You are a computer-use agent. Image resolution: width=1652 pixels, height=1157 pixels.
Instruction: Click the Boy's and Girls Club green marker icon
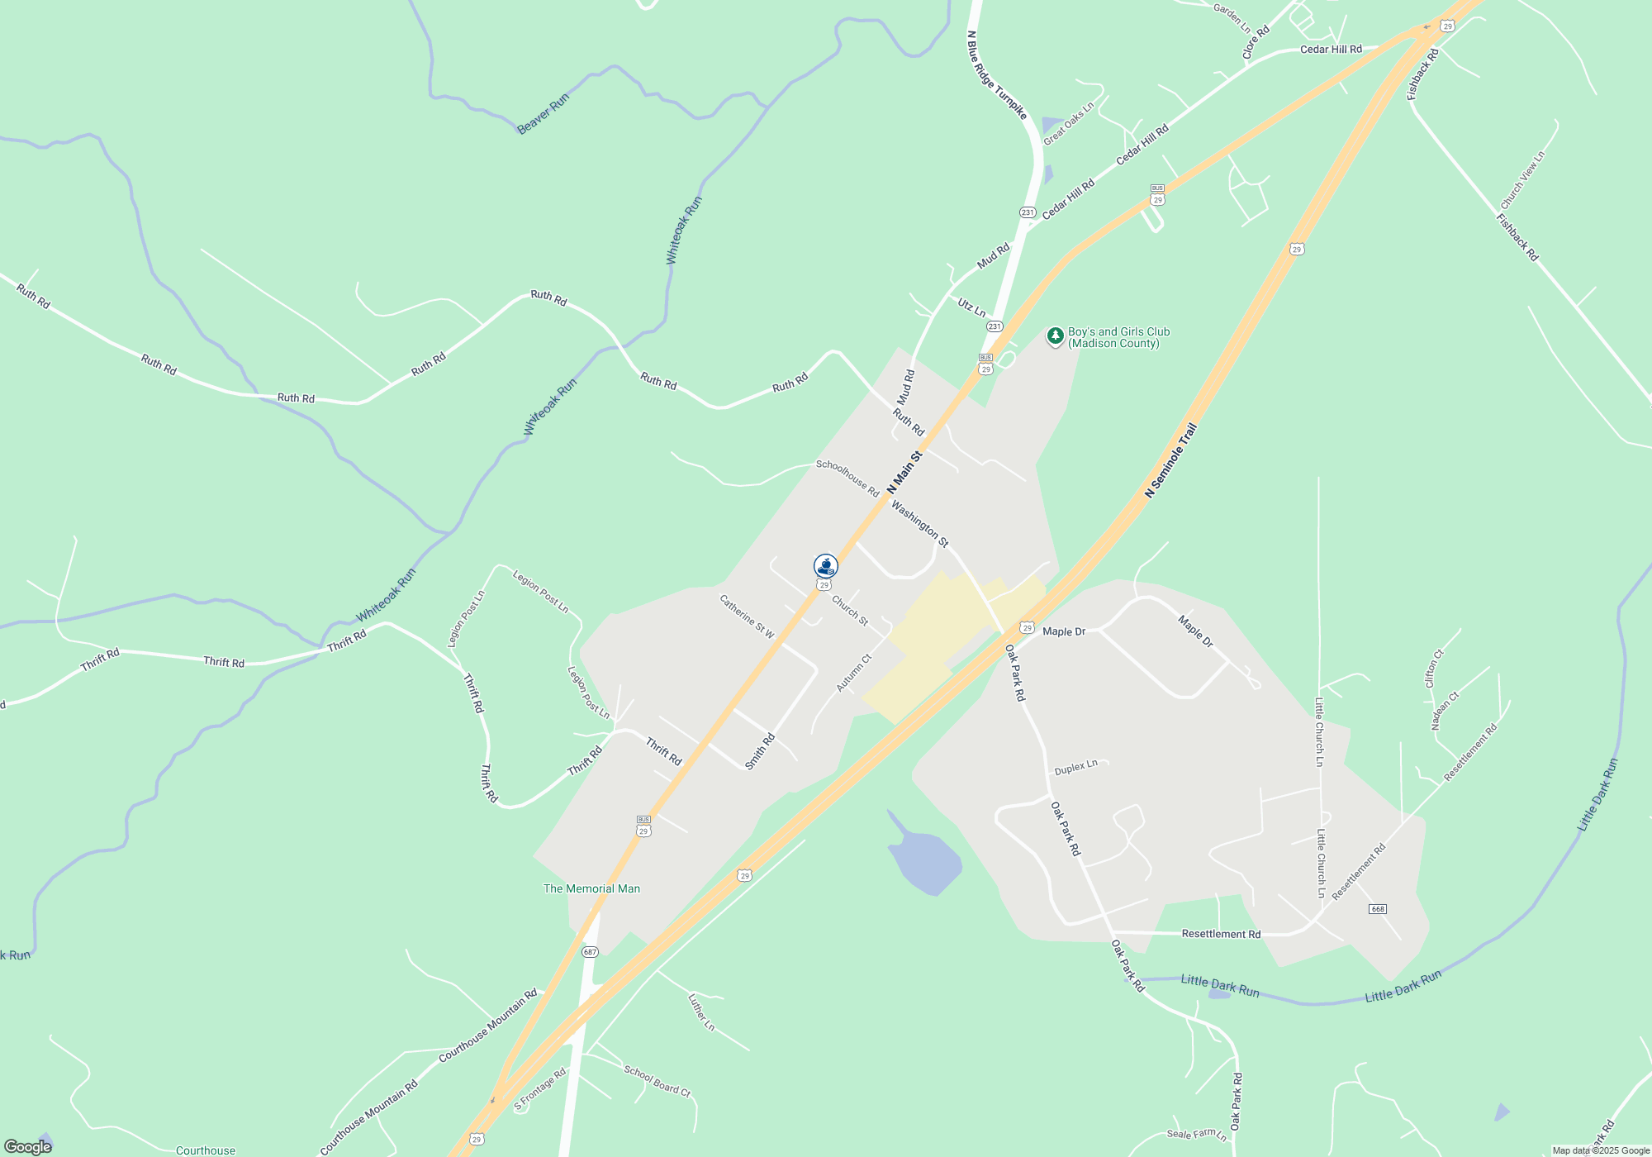click(1055, 336)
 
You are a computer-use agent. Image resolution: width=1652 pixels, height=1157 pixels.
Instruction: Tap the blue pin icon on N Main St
click(826, 566)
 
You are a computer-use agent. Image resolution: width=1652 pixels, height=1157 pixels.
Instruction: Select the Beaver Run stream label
click(543, 114)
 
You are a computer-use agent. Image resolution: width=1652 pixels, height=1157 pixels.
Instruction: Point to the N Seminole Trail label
click(1170, 460)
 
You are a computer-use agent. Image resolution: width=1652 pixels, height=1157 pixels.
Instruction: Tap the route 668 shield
click(1377, 909)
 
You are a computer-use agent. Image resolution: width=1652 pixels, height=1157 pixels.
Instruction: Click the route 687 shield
click(589, 952)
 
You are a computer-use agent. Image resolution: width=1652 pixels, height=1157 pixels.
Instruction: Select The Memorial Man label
click(591, 888)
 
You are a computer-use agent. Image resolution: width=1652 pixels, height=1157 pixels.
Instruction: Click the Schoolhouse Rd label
click(847, 478)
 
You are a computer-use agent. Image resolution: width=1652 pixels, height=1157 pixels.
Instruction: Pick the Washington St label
click(919, 522)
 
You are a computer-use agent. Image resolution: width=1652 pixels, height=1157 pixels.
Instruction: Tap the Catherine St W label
click(747, 617)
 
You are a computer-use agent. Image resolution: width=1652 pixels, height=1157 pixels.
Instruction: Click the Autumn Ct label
click(854, 673)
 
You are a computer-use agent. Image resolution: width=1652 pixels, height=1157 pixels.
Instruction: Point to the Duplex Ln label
click(1075, 767)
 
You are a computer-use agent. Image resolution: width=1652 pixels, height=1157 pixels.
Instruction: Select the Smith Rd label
click(760, 751)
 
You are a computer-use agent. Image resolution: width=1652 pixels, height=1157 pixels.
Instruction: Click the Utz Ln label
click(971, 307)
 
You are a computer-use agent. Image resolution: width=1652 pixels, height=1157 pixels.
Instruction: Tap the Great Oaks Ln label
click(1068, 123)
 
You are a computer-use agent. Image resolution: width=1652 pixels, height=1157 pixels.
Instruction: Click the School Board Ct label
click(657, 1081)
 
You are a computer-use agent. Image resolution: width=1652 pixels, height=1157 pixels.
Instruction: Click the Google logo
click(28, 1146)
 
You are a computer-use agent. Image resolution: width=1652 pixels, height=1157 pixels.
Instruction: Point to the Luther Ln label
click(700, 1012)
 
